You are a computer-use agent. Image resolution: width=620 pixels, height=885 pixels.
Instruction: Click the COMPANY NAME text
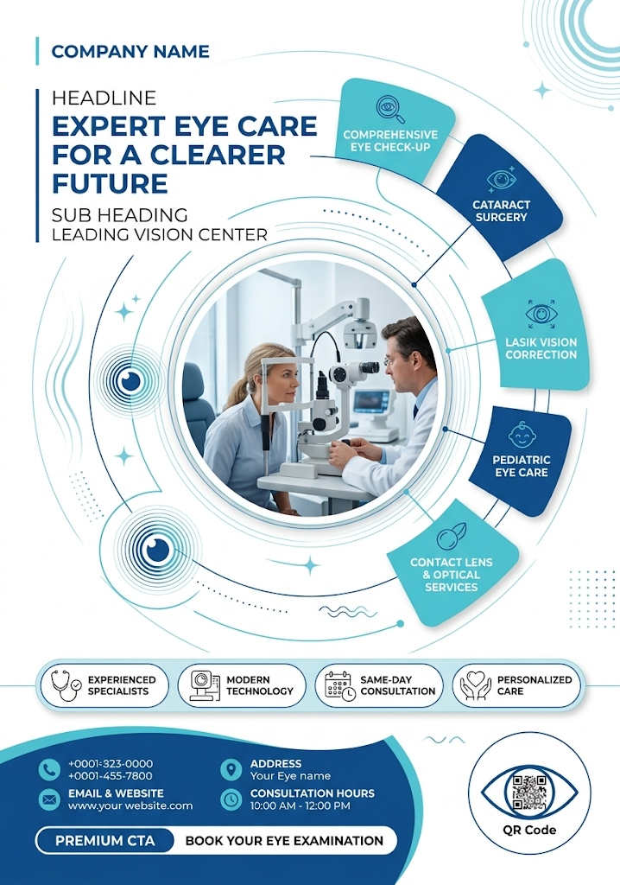click(x=130, y=51)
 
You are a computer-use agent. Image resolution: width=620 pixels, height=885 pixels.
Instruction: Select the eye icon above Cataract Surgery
click(x=502, y=180)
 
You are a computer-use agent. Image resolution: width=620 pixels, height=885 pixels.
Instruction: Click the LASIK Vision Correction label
click(x=541, y=348)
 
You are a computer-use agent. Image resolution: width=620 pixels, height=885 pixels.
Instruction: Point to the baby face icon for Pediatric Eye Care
click(x=522, y=436)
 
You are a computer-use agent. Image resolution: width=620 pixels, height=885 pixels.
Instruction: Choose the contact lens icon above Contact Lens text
click(x=452, y=536)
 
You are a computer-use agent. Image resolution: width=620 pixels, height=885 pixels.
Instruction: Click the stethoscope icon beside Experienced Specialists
click(x=66, y=685)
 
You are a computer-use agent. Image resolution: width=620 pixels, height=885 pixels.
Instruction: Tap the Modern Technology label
click(x=260, y=685)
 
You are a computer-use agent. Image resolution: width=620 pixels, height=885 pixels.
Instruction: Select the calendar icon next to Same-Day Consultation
click(x=340, y=685)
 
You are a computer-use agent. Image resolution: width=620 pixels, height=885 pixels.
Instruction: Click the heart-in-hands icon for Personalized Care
click(x=476, y=685)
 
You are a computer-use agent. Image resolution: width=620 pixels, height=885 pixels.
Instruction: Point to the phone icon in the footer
click(x=49, y=768)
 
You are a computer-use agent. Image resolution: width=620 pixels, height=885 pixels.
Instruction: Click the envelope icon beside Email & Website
click(x=49, y=799)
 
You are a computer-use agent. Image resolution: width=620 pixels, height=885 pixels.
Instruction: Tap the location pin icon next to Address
click(x=231, y=768)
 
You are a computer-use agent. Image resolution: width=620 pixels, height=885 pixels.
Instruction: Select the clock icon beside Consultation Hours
click(x=231, y=799)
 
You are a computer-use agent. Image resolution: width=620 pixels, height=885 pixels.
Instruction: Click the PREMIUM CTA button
click(x=105, y=840)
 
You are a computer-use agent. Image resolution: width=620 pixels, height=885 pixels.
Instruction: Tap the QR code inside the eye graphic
click(x=529, y=793)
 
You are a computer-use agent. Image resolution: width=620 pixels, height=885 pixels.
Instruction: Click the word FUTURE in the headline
click(x=110, y=183)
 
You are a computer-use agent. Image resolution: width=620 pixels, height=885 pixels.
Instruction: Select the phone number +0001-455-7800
click(x=110, y=775)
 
